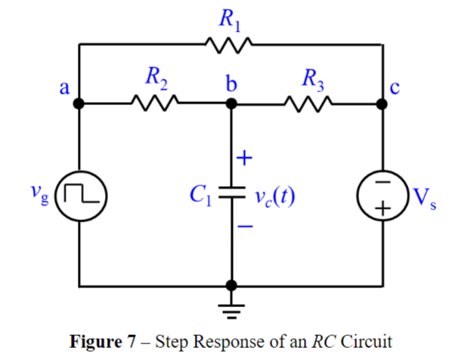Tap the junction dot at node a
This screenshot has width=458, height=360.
click(x=80, y=103)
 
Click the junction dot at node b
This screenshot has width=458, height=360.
click(x=231, y=103)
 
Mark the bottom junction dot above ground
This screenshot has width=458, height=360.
click(x=231, y=286)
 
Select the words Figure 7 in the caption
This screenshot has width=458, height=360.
click(x=98, y=340)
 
